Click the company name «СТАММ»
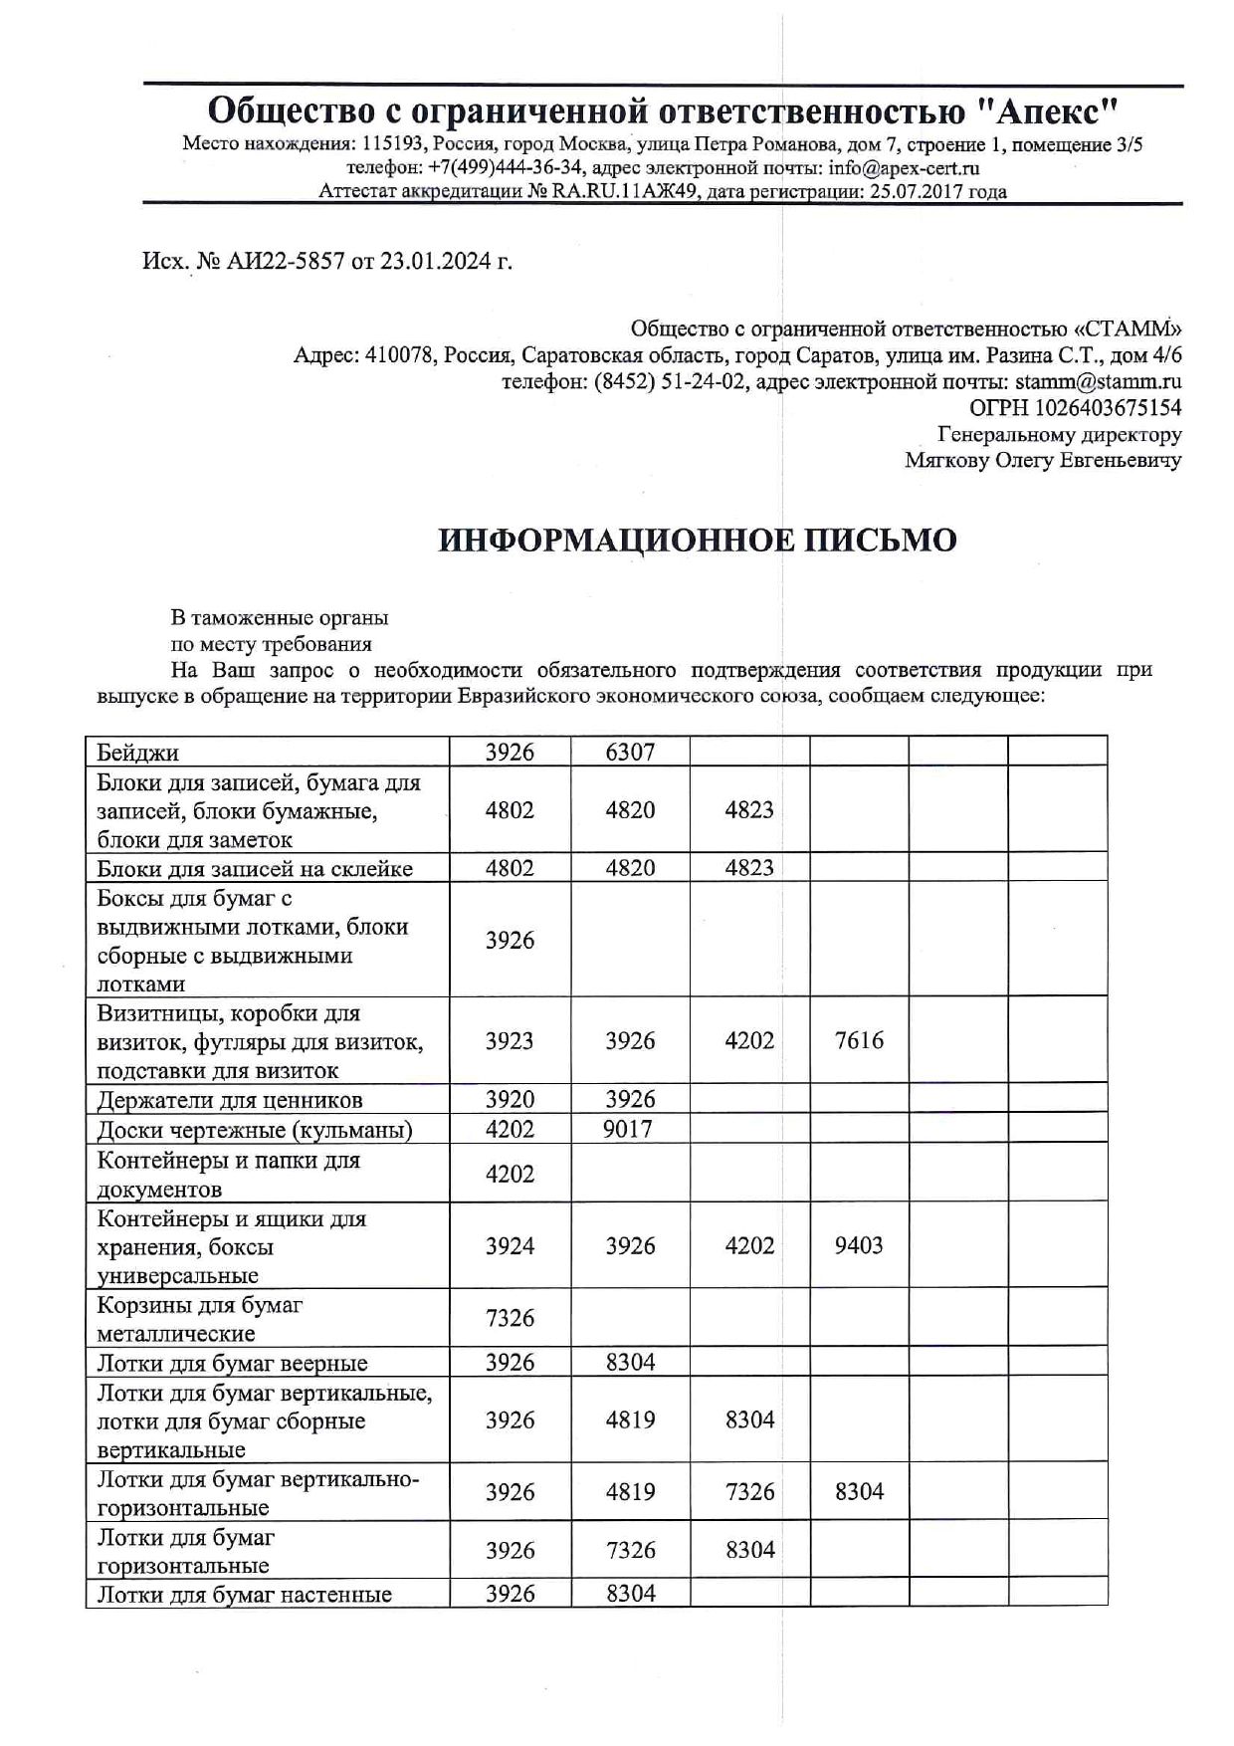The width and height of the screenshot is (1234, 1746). tap(1125, 328)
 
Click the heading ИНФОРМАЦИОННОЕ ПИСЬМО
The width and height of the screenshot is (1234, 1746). tap(698, 540)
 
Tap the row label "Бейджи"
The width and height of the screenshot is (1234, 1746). tap(138, 753)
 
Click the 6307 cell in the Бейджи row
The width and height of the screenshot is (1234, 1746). tap(630, 753)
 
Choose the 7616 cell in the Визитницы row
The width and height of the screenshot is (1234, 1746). tap(859, 1041)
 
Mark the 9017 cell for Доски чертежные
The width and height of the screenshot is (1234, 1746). tap(630, 1129)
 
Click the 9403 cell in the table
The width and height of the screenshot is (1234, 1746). tap(859, 1245)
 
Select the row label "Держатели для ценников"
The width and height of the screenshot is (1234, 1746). tap(230, 1100)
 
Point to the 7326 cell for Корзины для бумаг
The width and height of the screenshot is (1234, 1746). tap(510, 1318)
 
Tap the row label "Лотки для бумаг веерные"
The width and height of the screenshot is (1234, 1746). tap(232, 1363)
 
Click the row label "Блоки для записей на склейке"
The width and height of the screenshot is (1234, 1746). tap(255, 868)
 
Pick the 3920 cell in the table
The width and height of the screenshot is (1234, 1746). tap(510, 1100)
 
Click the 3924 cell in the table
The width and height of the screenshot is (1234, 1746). tap(510, 1245)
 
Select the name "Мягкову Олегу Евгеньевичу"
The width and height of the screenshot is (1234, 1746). tap(1043, 460)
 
